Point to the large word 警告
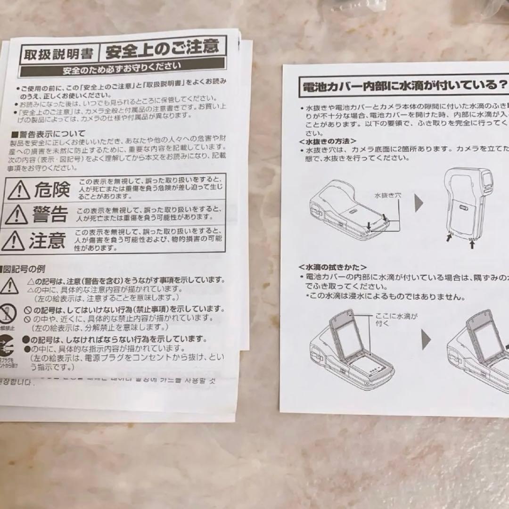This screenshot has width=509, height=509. pos(49,214)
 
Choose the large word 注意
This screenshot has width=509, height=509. pos(47,240)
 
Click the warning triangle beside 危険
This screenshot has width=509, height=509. pos(19,190)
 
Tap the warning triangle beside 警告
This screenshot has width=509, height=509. pos(16,215)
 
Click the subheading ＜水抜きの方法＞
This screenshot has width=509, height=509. pos(327,141)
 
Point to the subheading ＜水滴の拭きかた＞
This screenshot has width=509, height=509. pos(333,267)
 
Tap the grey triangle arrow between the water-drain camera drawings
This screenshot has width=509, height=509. pos(419,203)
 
